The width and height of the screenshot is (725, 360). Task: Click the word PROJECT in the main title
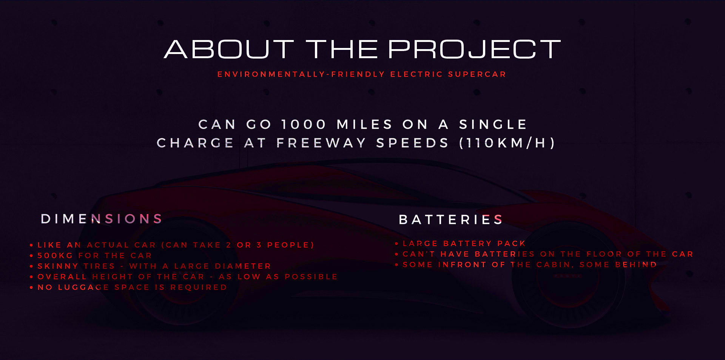click(x=474, y=49)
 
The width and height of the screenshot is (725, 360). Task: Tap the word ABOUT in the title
click(x=229, y=49)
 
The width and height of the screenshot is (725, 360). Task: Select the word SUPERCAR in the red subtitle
click(x=477, y=74)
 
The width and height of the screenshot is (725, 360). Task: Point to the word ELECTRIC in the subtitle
click(x=416, y=74)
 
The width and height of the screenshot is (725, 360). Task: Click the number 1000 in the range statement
click(x=304, y=124)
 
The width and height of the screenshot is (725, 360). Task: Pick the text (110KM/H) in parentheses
click(x=507, y=143)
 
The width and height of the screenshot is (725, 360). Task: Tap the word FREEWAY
click(x=321, y=143)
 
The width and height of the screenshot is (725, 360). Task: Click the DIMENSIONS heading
click(x=102, y=219)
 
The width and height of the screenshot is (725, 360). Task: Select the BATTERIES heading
click(x=451, y=219)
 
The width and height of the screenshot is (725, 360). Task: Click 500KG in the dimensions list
click(x=55, y=256)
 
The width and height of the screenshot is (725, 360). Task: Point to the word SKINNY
click(x=58, y=266)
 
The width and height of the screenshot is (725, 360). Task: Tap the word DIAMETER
click(x=243, y=266)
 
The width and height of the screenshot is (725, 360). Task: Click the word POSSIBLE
click(x=311, y=277)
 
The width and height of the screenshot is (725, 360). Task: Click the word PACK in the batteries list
click(x=511, y=244)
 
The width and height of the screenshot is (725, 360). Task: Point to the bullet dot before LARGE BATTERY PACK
click(x=396, y=244)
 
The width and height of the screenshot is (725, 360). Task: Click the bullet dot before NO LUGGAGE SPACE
click(x=31, y=288)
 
